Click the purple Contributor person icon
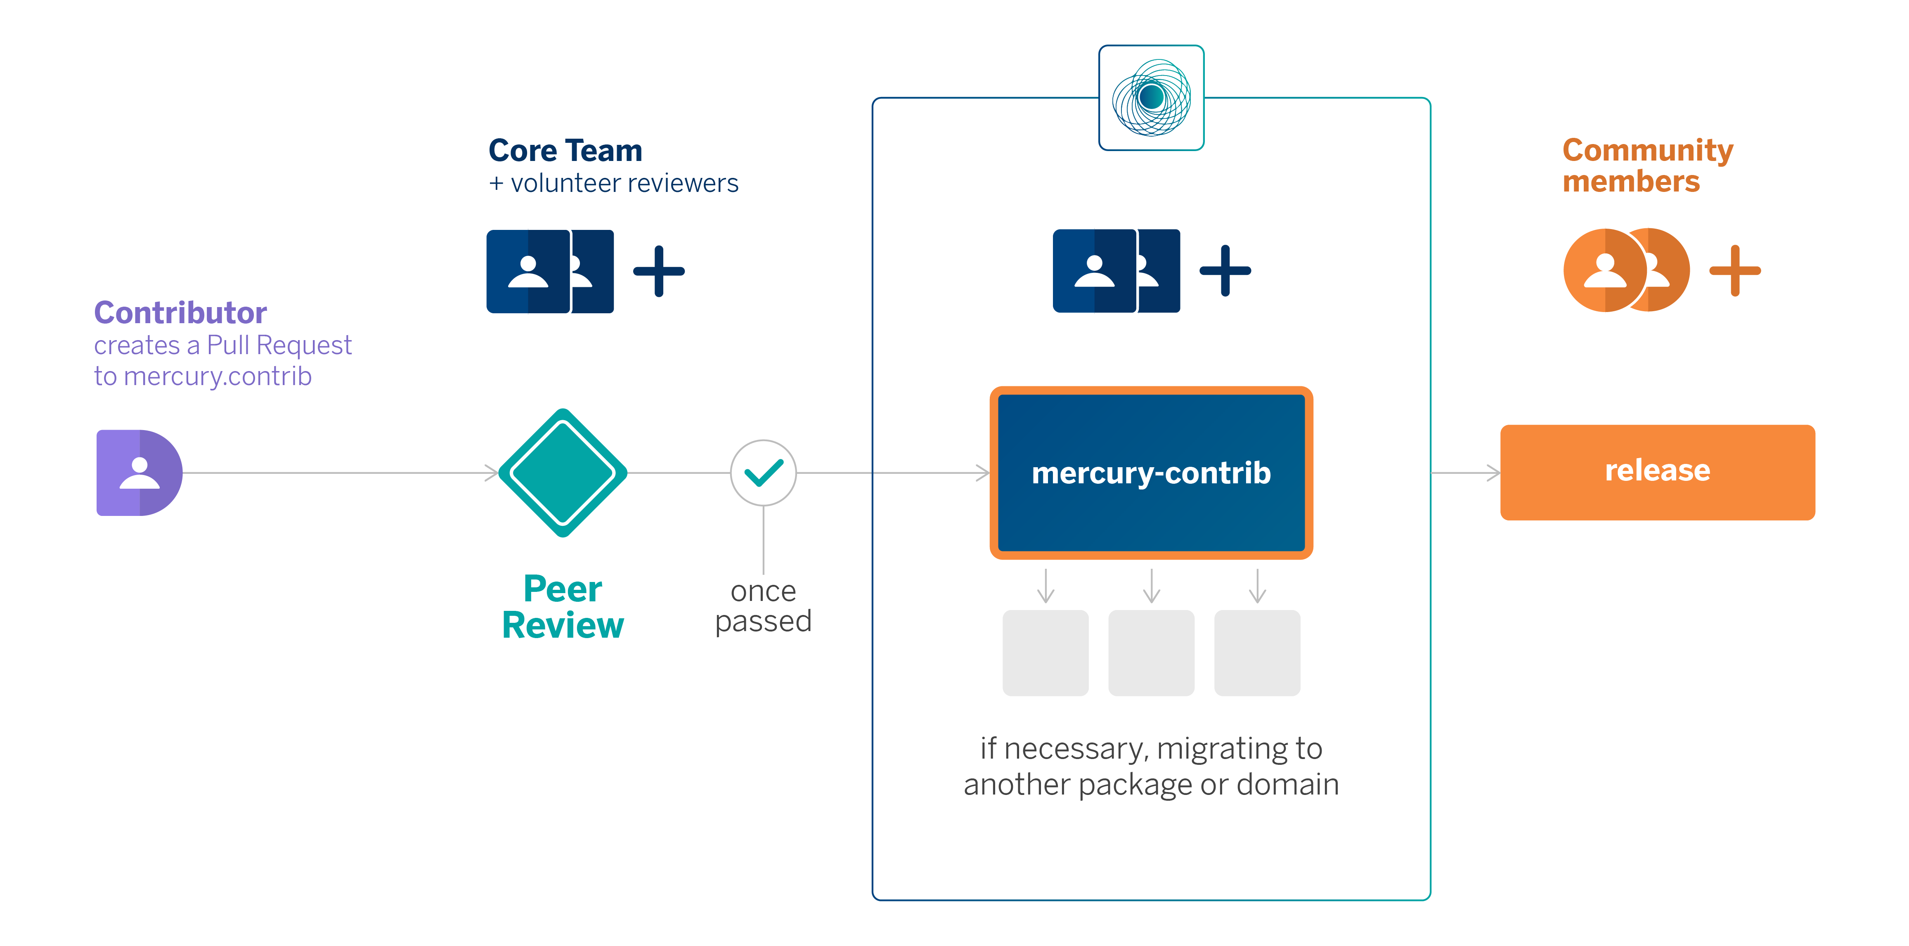[140, 473]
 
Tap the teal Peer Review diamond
[563, 473]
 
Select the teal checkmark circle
[763, 473]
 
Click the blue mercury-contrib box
[1151, 473]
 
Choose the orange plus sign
[1735, 270]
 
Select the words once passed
[763, 606]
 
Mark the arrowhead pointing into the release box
[1494, 473]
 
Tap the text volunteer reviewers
[624, 183]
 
